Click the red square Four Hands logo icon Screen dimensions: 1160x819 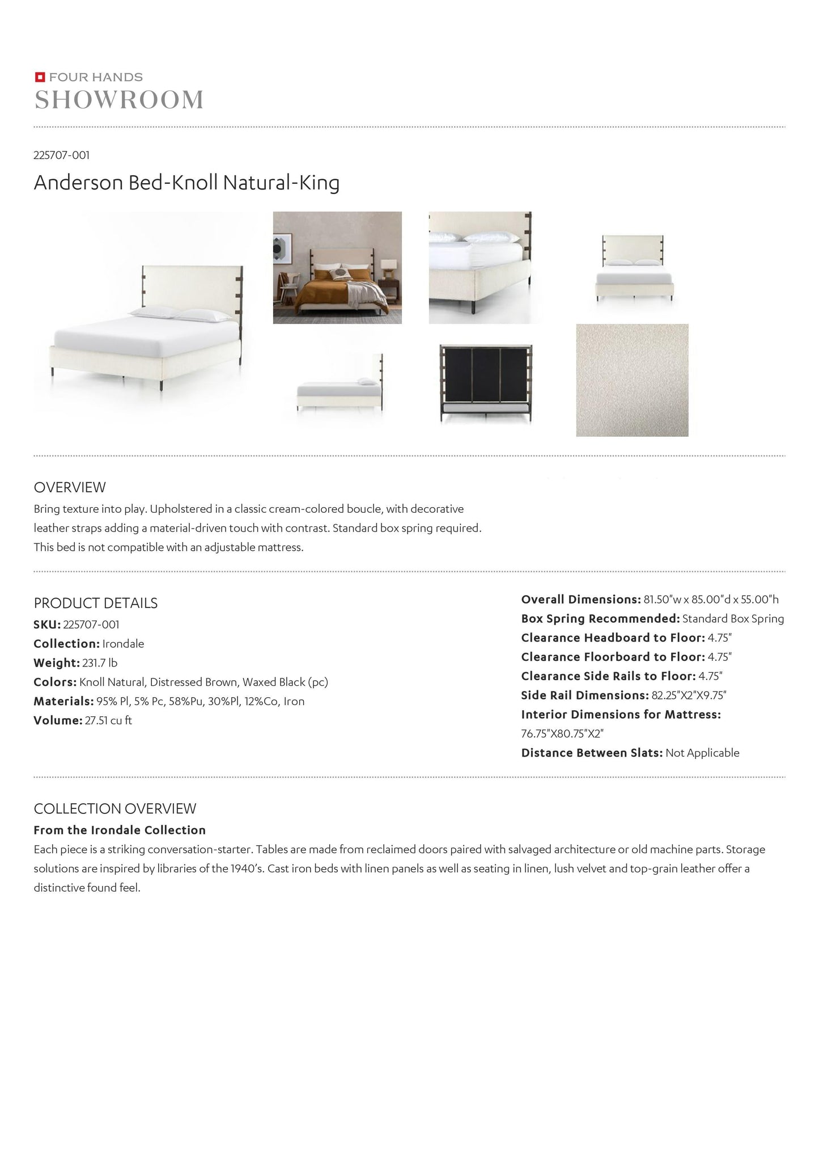pyautogui.click(x=40, y=77)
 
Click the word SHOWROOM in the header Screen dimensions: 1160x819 pyautogui.click(x=119, y=100)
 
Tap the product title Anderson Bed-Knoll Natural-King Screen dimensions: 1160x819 pyautogui.click(x=186, y=183)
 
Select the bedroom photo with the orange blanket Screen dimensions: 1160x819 pyautogui.click(x=337, y=268)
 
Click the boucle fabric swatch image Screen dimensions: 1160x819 pyautogui.click(x=632, y=380)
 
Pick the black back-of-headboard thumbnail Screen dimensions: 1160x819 pyautogui.click(x=486, y=383)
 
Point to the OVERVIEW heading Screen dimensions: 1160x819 pyautogui.click(x=70, y=487)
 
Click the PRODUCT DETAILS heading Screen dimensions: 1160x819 pyautogui.click(x=96, y=603)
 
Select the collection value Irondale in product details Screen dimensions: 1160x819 pyautogui.click(x=123, y=644)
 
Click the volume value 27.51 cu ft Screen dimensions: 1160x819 pyautogui.click(x=108, y=720)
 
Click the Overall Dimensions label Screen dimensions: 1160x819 pyautogui.click(x=581, y=600)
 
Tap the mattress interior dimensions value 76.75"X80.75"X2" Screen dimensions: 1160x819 pyautogui.click(x=562, y=733)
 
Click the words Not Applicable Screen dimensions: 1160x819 pyautogui.click(x=702, y=753)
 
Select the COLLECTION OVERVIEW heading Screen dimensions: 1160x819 pyautogui.click(x=115, y=808)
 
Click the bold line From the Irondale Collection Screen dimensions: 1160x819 pyautogui.click(x=120, y=830)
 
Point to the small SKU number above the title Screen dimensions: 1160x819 pyautogui.click(x=62, y=155)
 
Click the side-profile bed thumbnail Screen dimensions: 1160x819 pyautogui.click(x=339, y=383)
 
